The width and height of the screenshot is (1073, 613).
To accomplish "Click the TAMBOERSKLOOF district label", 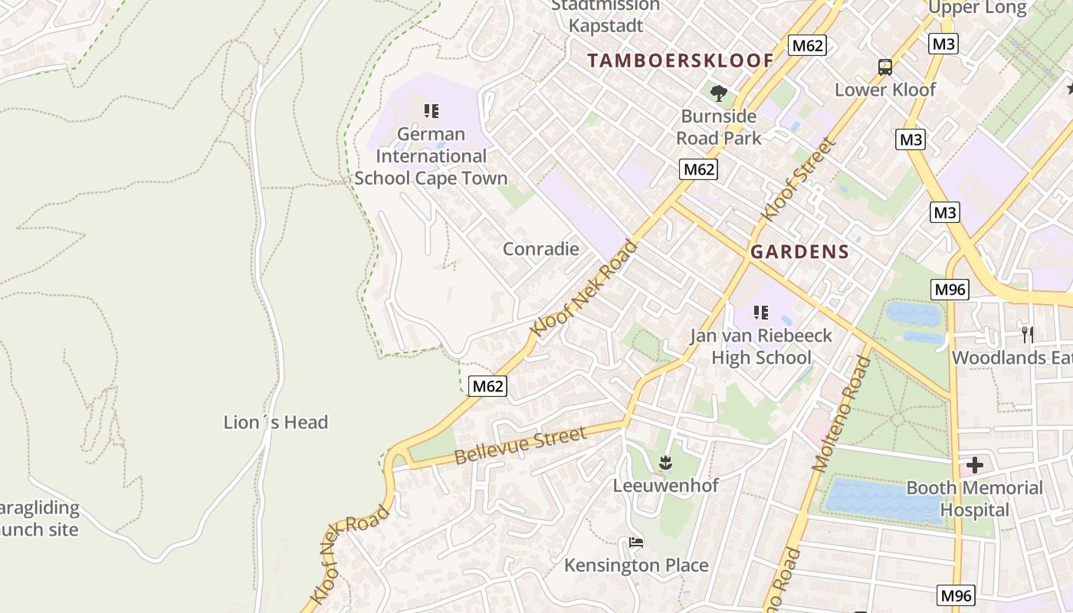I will tap(681, 61).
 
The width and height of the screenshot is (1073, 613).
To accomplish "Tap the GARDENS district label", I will tap(799, 251).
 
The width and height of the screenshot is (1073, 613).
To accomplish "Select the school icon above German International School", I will tap(431, 112).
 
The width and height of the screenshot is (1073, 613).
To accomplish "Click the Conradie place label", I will tap(540, 249).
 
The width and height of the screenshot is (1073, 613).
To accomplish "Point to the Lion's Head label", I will tap(276, 422).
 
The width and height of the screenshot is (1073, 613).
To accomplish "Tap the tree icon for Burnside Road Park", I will tap(719, 93).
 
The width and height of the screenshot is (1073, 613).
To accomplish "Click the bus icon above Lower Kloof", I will tap(885, 67).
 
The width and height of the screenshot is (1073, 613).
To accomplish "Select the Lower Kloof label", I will tap(885, 90).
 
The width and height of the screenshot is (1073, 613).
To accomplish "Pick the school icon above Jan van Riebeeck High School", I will tap(760, 312).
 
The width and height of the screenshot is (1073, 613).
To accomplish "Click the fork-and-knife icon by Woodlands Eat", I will tap(1027, 334).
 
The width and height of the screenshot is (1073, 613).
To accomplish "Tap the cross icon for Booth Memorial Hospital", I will tap(974, 464).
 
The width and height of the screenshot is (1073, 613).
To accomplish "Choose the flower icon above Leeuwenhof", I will tap(665, 462).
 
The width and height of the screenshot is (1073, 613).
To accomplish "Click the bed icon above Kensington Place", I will tap(636, 543).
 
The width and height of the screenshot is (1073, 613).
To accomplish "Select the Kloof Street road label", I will tap(798, 179).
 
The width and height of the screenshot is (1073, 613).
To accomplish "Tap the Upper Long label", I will tap(977, 8).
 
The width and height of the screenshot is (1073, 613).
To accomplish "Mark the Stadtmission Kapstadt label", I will tap(605, 15).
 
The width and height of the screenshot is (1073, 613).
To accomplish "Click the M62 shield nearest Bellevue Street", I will tap(487, 386).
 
